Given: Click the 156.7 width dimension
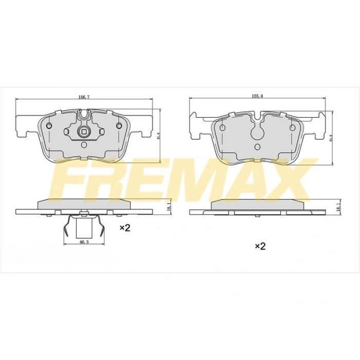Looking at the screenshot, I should pyautogui.click(x=84, y=97).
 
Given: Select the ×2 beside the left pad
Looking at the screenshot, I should pyautogui.click(x=125, y=227).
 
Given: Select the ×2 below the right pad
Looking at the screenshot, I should pyautogui.click(x=260, y=246).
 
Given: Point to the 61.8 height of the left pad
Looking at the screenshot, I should pyautogui.click(x=159, y=136).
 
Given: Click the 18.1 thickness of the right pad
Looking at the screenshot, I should pyautogui.click(x=339, y=207).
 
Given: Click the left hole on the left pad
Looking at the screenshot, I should pyautogui.click(x=49, y=127).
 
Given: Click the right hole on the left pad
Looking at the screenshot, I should pyautogui.click(x=119, y=127).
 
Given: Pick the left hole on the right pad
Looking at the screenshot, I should pyautogui.click(x=223, y=128).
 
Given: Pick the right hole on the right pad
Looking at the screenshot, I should pyautogui.click(x=293, y=128).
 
